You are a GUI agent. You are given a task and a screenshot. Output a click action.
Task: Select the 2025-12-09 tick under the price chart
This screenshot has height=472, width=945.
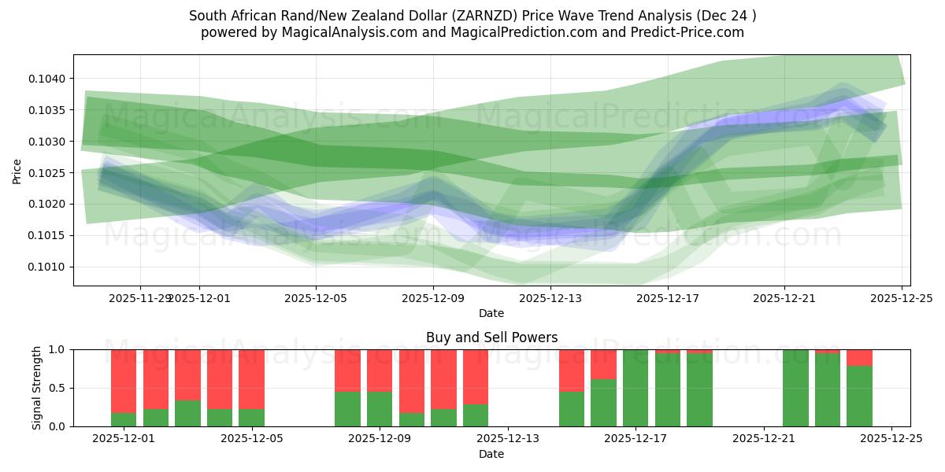[x=433, y=298]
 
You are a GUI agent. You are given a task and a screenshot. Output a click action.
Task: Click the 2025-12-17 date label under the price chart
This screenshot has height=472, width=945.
[x=667, y=298]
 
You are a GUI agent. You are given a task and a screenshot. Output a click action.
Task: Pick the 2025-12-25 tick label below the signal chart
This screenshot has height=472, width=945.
[x=891, y=439]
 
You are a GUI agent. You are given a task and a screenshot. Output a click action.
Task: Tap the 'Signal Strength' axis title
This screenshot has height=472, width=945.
[x=36, y=388]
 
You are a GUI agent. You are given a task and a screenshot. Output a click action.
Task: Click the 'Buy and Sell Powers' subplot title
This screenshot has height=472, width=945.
[x=491, y=337]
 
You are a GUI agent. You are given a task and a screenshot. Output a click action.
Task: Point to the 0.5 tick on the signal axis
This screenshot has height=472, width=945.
[x=58, y=388]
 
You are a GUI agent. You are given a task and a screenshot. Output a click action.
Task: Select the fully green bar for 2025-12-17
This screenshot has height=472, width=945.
[x=636, y=388]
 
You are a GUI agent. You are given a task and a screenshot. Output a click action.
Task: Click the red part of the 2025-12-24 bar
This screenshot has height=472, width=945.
[x=859, y=358]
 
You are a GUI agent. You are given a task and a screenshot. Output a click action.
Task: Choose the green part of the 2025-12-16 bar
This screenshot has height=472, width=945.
[x=603, y=403]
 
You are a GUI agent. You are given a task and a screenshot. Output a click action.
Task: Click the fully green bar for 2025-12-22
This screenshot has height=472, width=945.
[x=795, y=388]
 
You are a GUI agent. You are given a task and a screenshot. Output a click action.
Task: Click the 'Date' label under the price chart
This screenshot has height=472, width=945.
[x=491, y=313]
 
